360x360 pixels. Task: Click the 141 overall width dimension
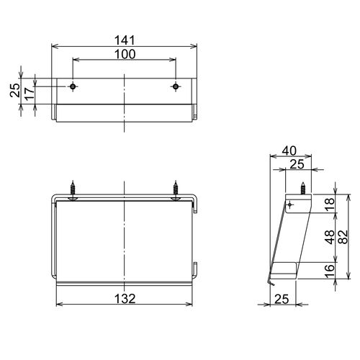(x=125, y=40)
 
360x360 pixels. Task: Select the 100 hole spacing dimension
(x=125, y=54)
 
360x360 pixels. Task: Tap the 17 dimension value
(x=30, y=94)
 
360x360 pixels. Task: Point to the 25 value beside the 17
(x=15, y=90)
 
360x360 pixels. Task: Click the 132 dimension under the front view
(x=125, y=299)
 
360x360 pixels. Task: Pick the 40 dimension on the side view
(x=289, y=150)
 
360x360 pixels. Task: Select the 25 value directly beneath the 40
(x=297, y=164)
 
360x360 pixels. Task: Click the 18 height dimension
(x=330, y=204)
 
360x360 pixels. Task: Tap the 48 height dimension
(x=330, y=237)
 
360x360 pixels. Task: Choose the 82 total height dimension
(x=344, y=237)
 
